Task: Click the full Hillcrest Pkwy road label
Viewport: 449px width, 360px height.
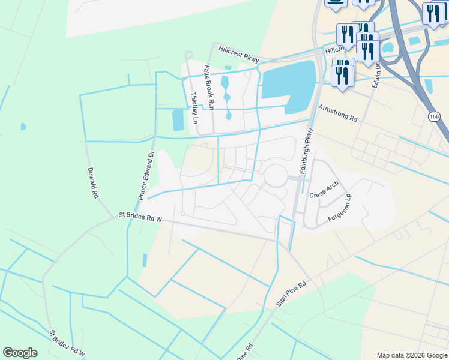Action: point(238,54)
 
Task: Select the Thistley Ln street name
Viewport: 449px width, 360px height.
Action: point(194,107)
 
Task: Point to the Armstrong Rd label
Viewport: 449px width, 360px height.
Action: point(338,113)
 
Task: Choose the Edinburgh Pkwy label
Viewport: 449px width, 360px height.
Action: point(307,151)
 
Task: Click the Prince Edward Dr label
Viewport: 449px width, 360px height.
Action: point(146,175)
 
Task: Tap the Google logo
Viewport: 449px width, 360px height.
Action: point(20,353)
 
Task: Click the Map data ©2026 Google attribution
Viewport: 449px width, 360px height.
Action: point(412,355)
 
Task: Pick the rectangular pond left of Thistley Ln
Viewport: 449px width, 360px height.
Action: point(178,120)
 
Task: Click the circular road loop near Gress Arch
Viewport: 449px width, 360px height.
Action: point(277,176)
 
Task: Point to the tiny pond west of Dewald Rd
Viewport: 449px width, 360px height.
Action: point(23,127)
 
